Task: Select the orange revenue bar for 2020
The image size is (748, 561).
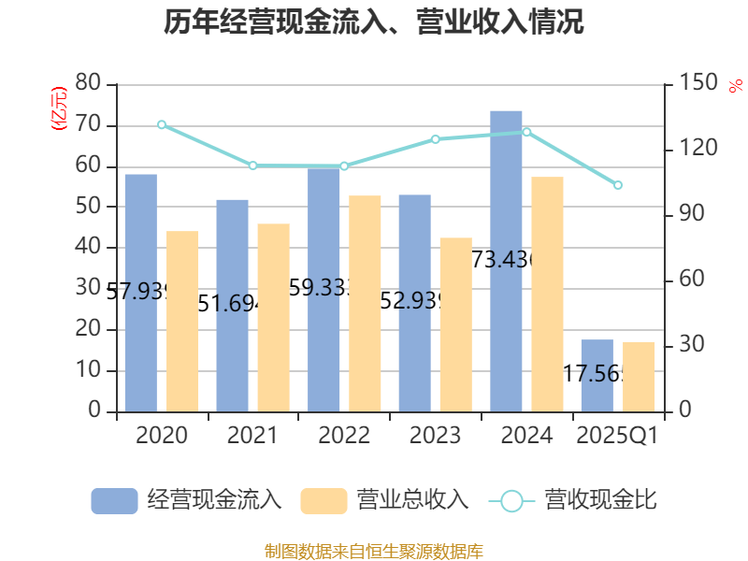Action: pos(183,321)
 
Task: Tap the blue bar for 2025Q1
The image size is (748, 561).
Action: pos(597,375)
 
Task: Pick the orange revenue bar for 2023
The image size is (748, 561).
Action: pos(456,324)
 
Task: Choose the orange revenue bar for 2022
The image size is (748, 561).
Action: pos(366,303)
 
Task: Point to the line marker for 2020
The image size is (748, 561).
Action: pos(162,124)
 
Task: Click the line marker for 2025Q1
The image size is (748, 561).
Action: pos(618,185)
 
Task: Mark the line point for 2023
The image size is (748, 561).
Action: pos(436,138)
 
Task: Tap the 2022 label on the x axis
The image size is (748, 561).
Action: pos(344,436)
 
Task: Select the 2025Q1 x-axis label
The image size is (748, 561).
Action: pos(617,436)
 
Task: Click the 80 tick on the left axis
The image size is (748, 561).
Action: pos(89,83)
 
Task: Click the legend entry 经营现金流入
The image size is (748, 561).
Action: pos(186,500)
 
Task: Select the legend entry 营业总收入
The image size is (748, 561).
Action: pos(384,500)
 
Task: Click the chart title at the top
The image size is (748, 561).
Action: pos(374,22)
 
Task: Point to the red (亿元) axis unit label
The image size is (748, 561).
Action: pos(59,108)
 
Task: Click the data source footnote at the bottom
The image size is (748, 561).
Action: pos(374,551)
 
